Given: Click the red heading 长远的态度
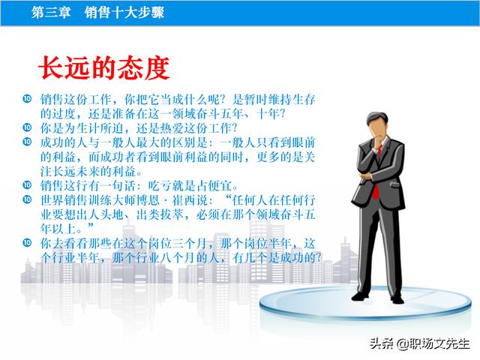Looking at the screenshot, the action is pyautogui.click(x=103, y=67).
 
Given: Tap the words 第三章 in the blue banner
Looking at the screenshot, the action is pyautogui.click(x=51, y=13).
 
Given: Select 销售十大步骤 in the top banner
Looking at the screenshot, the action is pyautogui.click(x=124, y=13).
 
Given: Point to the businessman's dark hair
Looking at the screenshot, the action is pyautogui.click(x=377, y=118).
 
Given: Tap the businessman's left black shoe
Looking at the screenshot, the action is pyautogui.click(x=360, y=296).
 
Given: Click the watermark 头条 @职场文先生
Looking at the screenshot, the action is pyautogui.click(x=419, y=343).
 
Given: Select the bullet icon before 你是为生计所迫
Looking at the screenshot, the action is pyautogui.click(x=27, y=127).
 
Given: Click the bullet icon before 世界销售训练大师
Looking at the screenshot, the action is pyautogui.click(x=27, y=199).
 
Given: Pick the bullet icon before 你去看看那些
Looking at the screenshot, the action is pyautogui.click(x=27, y=243).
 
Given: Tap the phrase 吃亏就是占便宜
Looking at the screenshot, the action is pyautogui.click(x=190, y=186).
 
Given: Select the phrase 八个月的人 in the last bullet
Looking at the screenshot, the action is pyautogui.click(x=190, y=258).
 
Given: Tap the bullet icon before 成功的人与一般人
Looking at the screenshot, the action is pyautogui.click(x=27, y=142).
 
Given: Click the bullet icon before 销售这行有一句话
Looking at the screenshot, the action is pyautogui.click(x=27, y=185).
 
